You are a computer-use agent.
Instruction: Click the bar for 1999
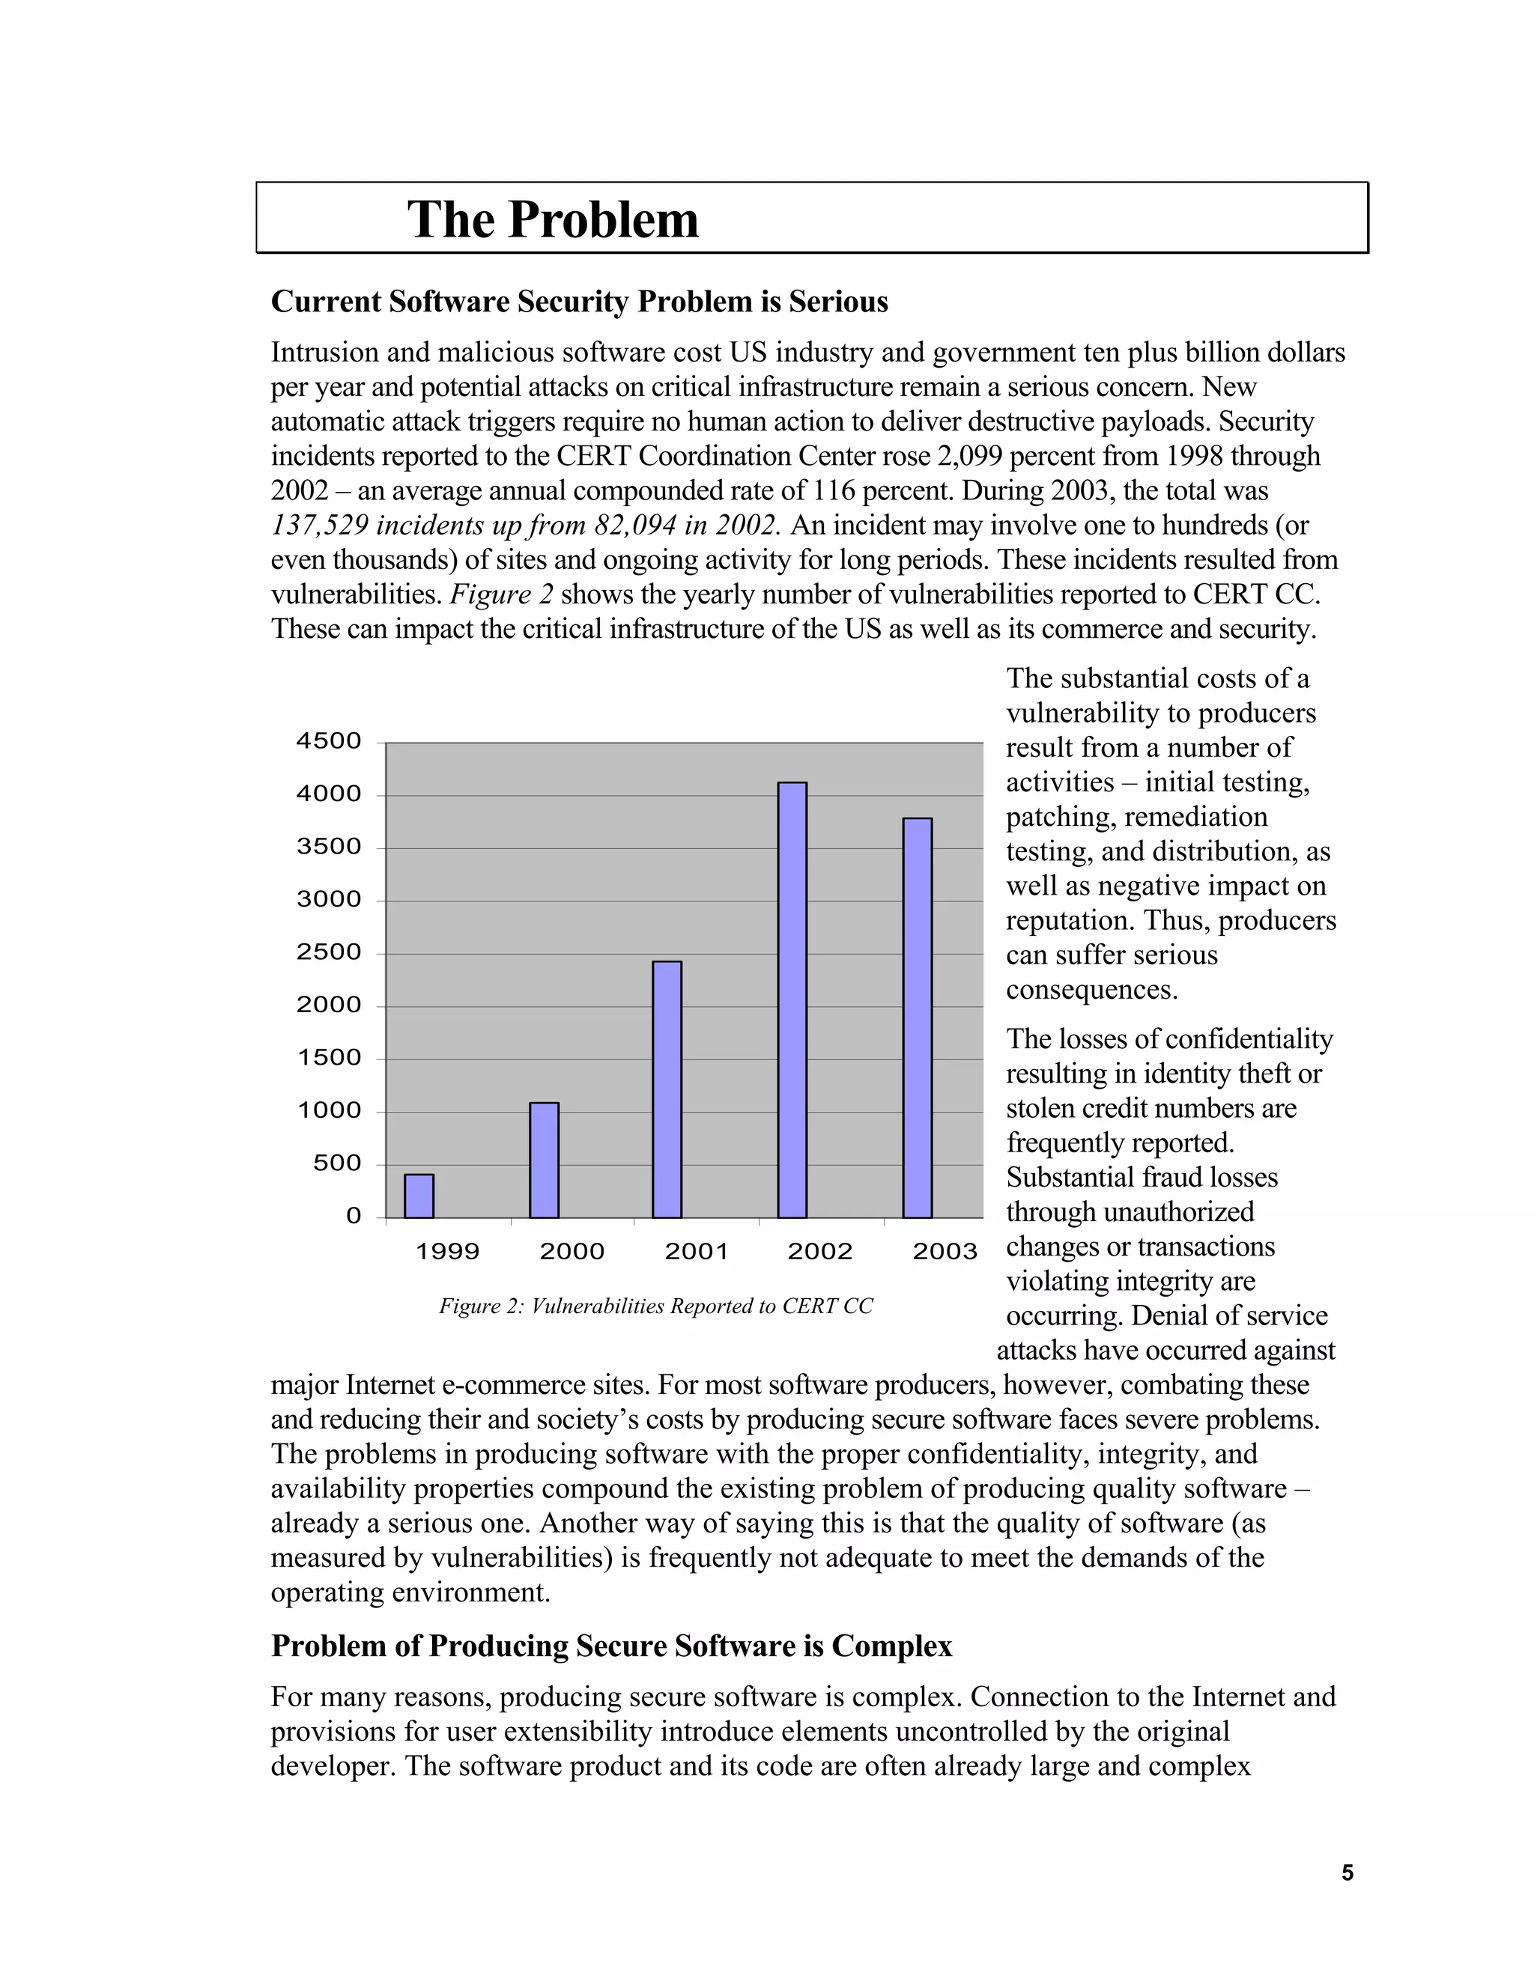pos(419,1196)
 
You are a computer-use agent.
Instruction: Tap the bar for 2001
pos(667,1089)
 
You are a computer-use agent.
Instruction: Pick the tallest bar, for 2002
pos(792,999)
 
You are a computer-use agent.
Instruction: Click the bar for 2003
pos(917,1017)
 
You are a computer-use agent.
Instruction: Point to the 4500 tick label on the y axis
pos(329,741)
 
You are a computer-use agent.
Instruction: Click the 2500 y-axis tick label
pos(329,953)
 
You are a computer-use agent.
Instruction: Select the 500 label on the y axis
pos(337,1163)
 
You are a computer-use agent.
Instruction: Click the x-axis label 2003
pos(945,1252)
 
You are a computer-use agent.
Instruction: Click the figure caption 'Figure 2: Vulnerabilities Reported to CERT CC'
pos(655,1306)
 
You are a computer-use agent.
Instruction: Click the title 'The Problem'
pos(553,220)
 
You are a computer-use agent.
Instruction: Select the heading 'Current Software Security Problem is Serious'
pos(579,302)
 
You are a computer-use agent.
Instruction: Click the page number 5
pos(1347,1872)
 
